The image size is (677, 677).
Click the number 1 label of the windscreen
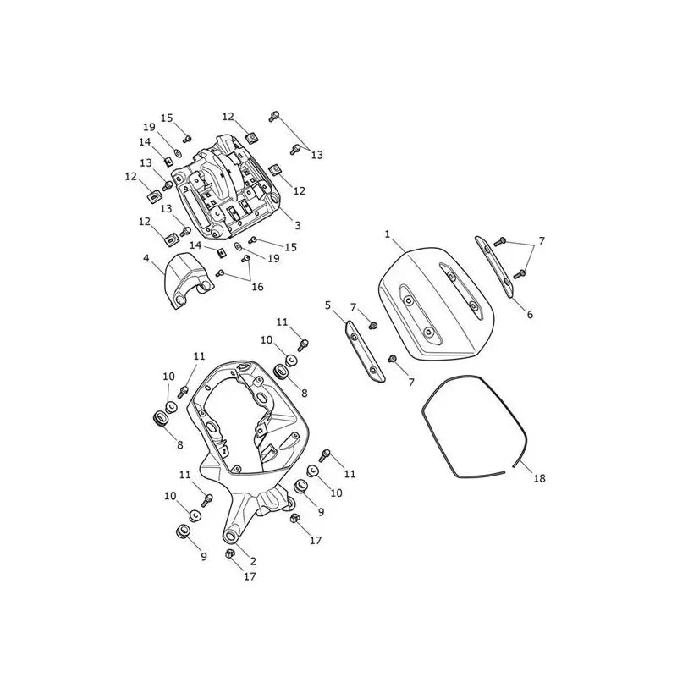point(388,234)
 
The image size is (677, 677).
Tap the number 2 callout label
point(253,561)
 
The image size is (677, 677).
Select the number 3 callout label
point(298,225)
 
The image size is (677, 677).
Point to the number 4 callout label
point(146,258)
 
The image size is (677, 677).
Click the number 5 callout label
point(327,305)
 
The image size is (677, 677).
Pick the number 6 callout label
point(530,314)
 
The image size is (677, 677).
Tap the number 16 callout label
point(258,287)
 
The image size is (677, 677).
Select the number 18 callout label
point(540,478)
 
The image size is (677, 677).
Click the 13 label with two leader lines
point(316,155)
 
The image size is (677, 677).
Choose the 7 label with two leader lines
point(542,240)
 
